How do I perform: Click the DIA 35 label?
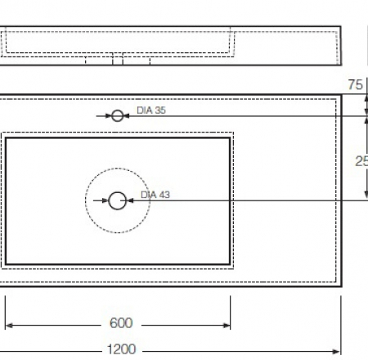pyautogui.click(x=151, y=110)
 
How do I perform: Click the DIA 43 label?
pyautogui.click(x=155, y=195)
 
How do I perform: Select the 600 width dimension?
pyautogui.click(x=120, y=323)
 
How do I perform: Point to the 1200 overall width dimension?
pyautogui.click(x=121, y=350)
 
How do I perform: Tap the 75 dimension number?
pyautogui.click(x=355, y=85)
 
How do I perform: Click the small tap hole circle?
pyautogui.click(x=118, y=115)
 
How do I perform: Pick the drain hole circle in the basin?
pyautogui.click(x=118, y=199)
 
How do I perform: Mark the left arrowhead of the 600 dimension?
pyautogui.click(x=10, y=323)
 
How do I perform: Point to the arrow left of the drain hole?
pyautogui.click(x=104, y=199)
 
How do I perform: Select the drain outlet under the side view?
pyautogui.click(x=117, y=60)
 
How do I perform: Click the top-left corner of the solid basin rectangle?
pyautogui.click(x=7, y=138)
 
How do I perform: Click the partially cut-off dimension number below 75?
pyautogui.click(x=361, y=161)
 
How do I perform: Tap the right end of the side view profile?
pyautogui.click(x=339, y=45)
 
